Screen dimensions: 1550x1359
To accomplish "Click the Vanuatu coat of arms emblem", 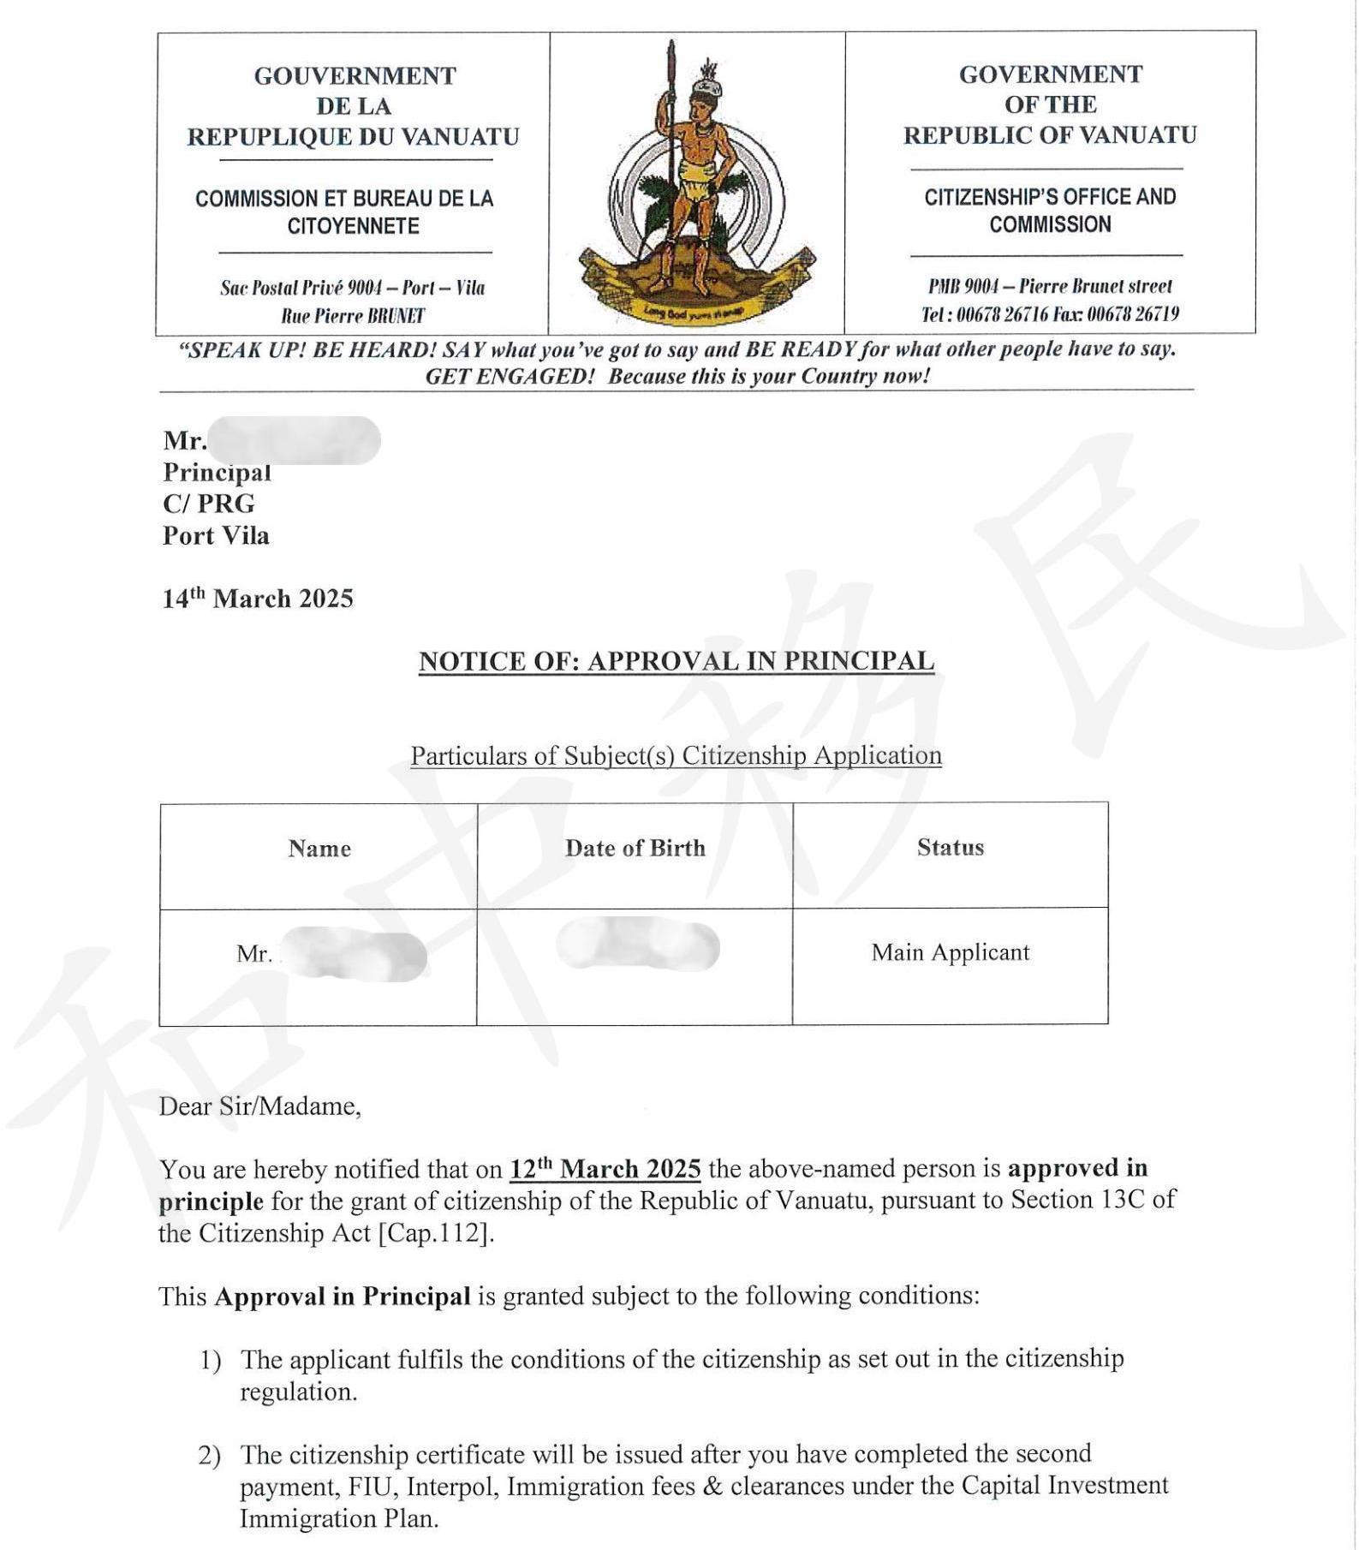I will [696, 185].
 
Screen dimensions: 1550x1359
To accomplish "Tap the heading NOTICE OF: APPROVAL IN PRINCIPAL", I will [676, 661].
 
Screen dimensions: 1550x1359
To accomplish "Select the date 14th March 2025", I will [258, 598].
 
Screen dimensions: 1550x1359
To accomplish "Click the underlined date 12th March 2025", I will [605, 1169].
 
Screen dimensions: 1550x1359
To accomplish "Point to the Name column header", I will [319, 849].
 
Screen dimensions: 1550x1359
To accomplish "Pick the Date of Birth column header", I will [635, 848].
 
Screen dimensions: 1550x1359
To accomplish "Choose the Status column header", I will [950, 847].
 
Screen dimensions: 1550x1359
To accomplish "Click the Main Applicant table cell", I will [950, 952].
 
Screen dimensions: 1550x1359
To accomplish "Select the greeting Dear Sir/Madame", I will [259, 1106].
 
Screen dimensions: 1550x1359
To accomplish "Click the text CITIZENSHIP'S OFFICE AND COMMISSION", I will [1049, 211].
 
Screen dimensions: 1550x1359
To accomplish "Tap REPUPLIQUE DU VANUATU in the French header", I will [353, 137].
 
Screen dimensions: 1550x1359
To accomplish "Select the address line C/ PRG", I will [209, 504].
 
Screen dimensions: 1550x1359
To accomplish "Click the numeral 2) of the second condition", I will [210, 1455].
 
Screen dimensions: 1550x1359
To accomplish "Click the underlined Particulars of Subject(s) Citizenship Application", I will [676, 755].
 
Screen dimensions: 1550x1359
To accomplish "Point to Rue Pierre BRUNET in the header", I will [353, 316].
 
